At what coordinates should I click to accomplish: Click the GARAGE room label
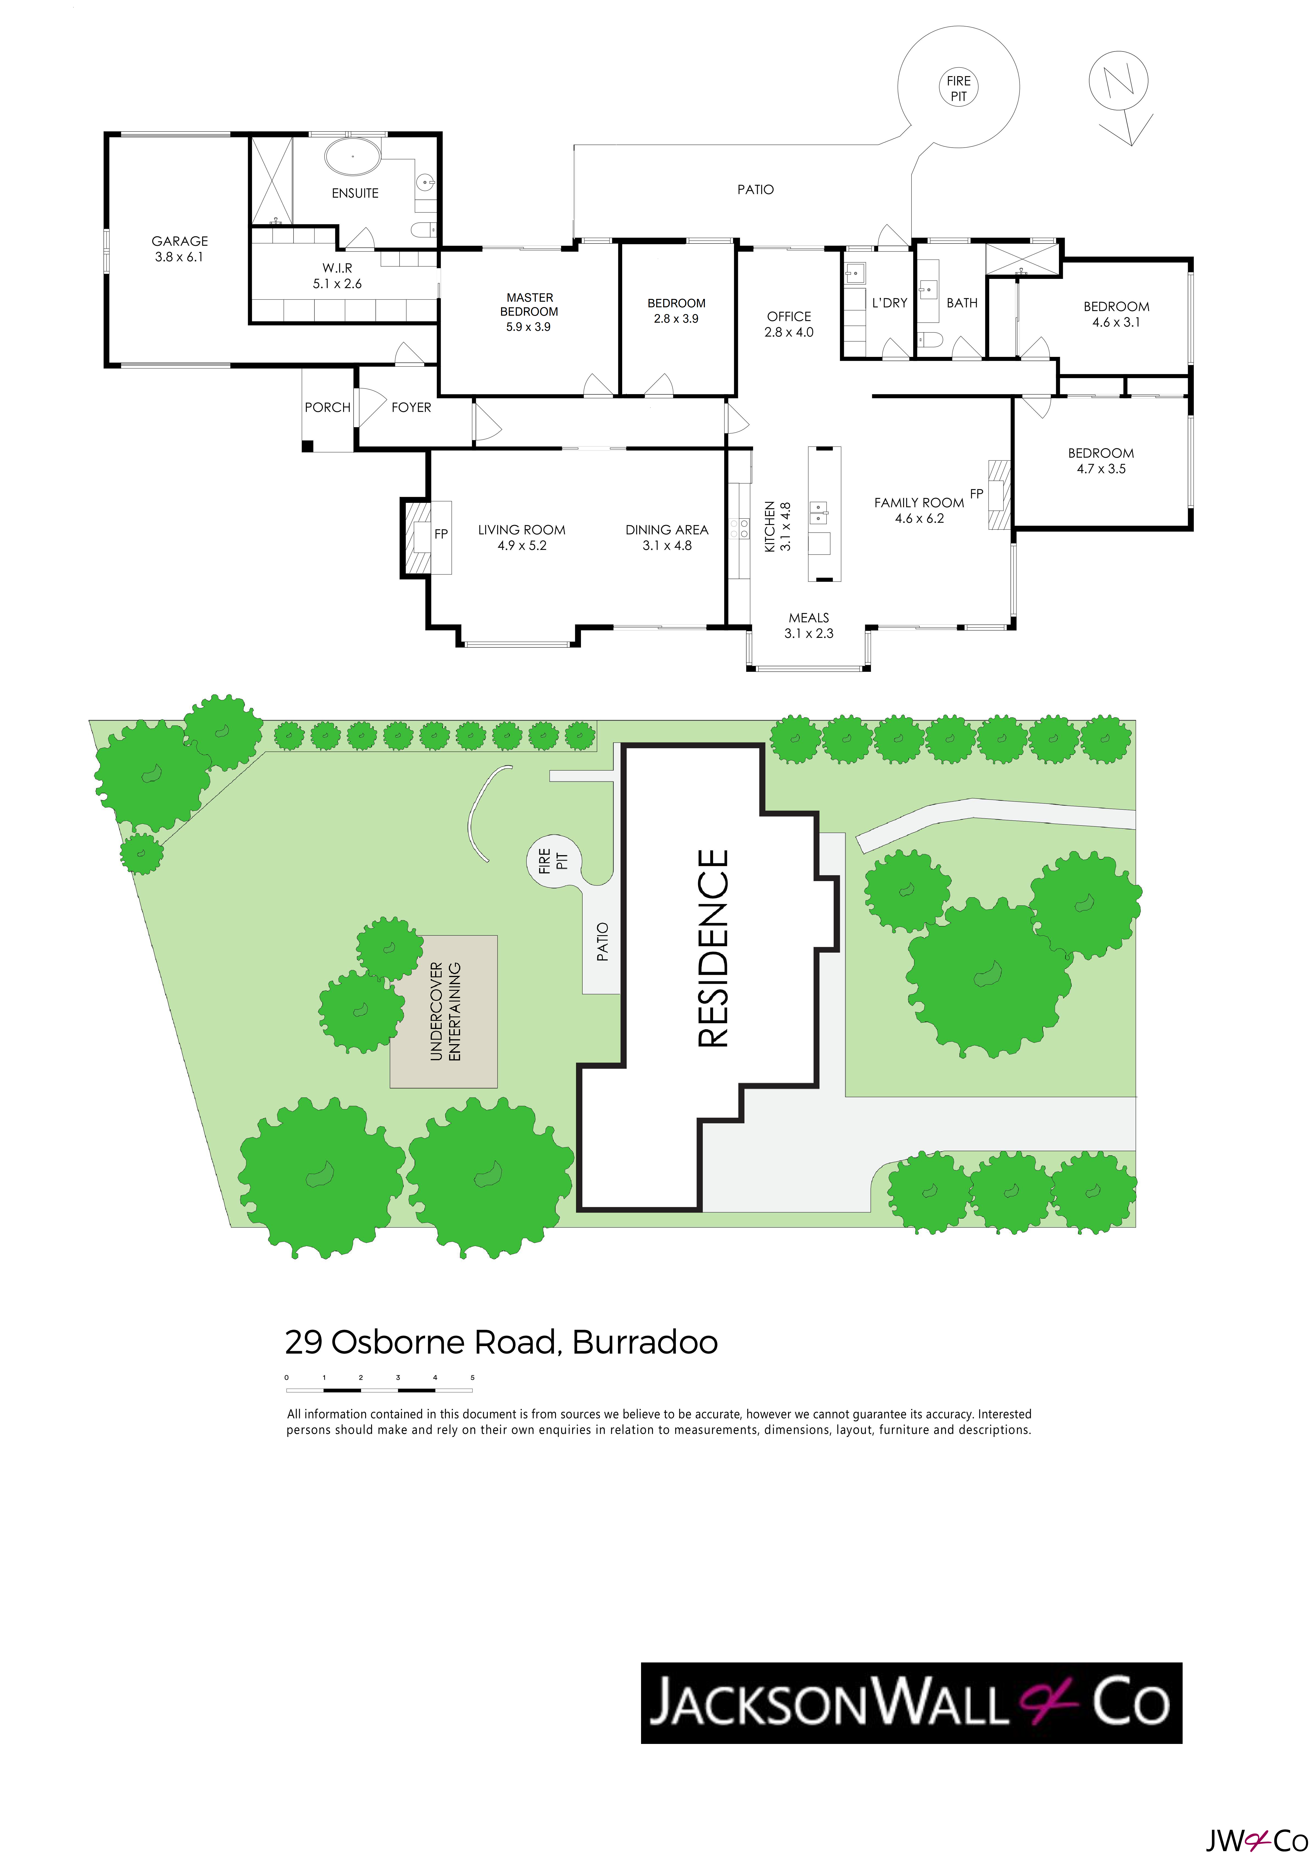tap(180, 241)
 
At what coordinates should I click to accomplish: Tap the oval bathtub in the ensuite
tap(352, 156)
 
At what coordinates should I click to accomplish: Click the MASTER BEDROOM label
tap(529, 304)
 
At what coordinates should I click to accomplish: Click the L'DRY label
tap(890, 303)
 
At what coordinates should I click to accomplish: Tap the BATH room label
tap(962, 303)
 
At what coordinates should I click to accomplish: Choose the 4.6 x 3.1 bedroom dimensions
tap(1116, 322)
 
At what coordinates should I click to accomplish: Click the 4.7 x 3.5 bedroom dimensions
tap(1101, 469)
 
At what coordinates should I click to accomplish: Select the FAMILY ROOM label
tap(919, 503)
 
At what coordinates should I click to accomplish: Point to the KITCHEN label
tap(770, 527)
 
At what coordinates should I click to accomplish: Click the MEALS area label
tap(809, 617)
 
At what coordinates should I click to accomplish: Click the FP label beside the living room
tap(441, 534)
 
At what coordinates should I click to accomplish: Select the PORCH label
tap(328, 407)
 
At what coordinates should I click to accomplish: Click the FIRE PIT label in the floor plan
tap(959, 88)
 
